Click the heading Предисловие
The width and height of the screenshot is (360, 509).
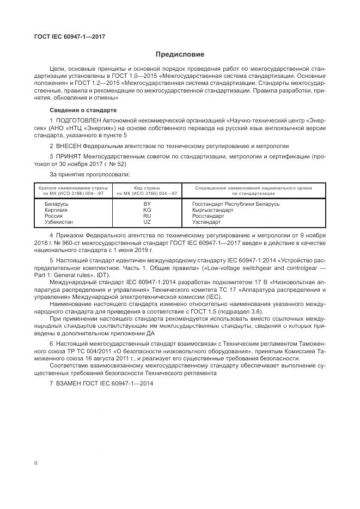[180, 54]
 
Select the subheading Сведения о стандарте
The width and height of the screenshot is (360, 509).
[79, 110]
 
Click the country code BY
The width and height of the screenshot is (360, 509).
[147, 204]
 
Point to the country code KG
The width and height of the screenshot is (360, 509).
[147, 210]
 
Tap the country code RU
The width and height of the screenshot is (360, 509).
[147, 216]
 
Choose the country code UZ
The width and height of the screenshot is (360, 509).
[147, 222]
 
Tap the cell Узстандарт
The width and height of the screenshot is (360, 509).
[206, 222]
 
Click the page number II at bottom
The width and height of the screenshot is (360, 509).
[35, 462]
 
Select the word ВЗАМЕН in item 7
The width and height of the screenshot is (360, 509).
[68, 383]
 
